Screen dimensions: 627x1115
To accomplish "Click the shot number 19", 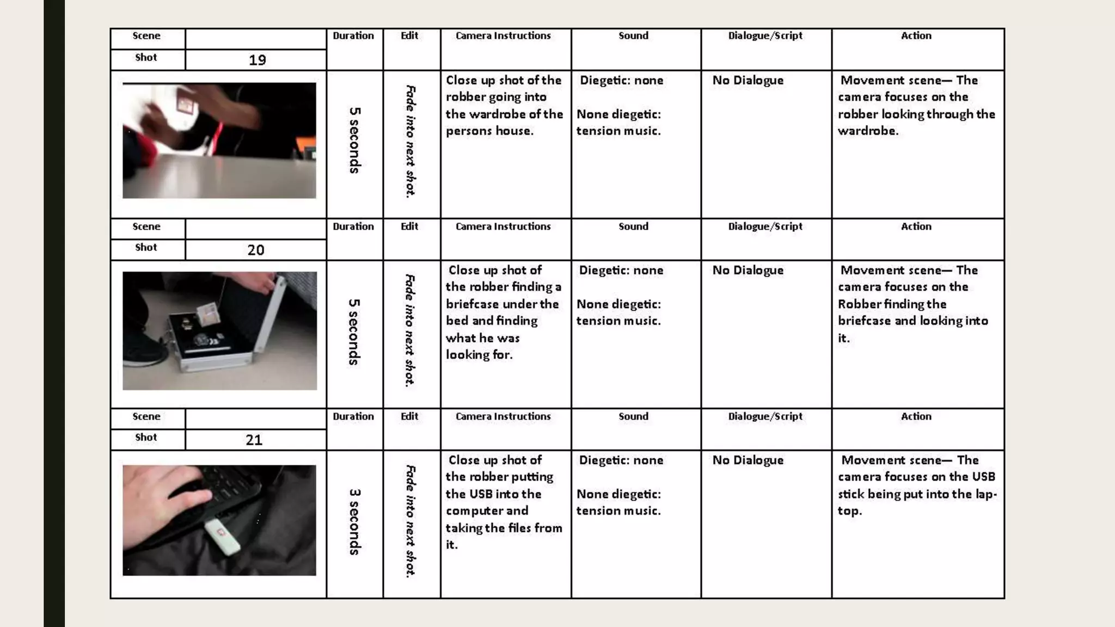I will coord(257,60).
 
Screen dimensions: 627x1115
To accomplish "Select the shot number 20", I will coord(256,250).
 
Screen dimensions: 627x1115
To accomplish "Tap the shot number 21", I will coord(254,440).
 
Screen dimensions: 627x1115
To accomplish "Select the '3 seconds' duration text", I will coord(354,521).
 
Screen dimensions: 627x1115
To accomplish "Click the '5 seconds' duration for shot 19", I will coord(354,140).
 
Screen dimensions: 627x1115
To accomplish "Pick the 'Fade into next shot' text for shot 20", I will coord(410,330).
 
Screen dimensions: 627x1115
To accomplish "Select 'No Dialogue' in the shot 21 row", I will coord(748,460).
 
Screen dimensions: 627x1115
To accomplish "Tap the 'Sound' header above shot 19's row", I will coord(633,36).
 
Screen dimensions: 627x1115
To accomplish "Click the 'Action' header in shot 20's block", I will coord(916,226).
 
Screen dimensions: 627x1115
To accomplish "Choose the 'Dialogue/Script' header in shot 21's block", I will coord(765,416).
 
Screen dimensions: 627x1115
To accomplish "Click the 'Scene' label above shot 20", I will coord(146,226).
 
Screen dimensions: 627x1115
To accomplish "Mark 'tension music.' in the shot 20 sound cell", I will coord(618,321).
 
